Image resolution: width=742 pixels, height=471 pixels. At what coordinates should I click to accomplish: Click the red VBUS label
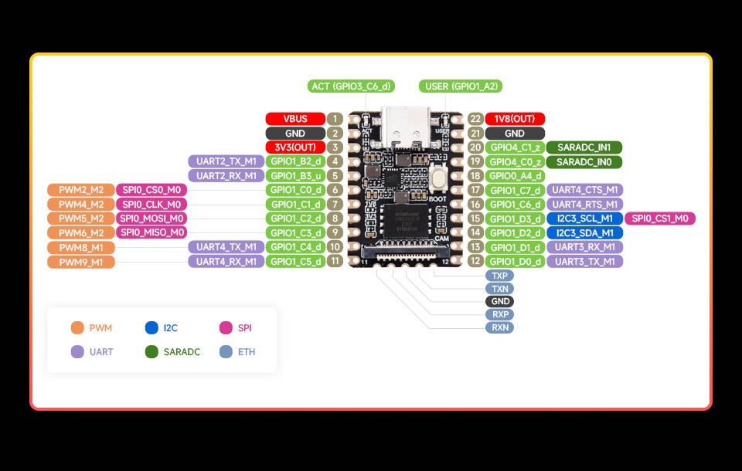pos(295,119)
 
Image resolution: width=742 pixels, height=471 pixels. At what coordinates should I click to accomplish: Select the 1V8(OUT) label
pos(515,119)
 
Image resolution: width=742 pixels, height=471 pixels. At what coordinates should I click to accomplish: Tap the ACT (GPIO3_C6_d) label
pos(351,86)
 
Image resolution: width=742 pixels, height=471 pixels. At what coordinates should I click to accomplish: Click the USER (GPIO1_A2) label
pos(461,86)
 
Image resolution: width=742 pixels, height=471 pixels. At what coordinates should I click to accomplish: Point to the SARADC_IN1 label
pos(584,147)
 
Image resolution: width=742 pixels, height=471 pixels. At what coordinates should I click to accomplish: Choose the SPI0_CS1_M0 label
pos(659,219)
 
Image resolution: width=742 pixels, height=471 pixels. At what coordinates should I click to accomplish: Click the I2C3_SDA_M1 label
pos(584,232)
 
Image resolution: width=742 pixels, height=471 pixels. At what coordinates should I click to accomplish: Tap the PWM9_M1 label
pos(80,262)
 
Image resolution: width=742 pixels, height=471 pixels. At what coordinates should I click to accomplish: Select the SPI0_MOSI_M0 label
pos(151,219)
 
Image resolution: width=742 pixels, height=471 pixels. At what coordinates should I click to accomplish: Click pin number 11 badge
pos(335,261)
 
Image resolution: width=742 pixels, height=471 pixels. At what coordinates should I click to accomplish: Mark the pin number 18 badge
pos(476,176)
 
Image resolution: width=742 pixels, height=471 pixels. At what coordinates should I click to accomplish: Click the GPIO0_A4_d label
pos(516,176)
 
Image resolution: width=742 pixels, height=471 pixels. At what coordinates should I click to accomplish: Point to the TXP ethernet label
pos(499,276)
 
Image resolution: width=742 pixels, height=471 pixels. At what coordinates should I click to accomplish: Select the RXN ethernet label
pos(499,327)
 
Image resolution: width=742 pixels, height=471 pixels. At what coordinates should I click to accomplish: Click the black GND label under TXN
pos(499,302)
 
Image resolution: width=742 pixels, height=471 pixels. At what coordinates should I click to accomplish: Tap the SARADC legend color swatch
pos(151,351)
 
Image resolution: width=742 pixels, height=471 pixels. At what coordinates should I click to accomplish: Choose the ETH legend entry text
pos(247,351)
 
